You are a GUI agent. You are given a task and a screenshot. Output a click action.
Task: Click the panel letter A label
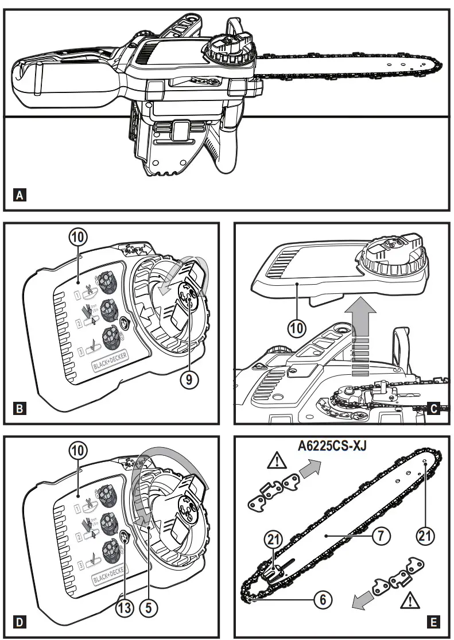pyautogui.click(x=20, y=196)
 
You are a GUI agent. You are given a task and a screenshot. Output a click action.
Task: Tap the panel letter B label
pyautogui.click(x=20, y=409)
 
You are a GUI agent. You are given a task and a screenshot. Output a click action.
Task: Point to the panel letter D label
pyautogui.click(x=20, y=622)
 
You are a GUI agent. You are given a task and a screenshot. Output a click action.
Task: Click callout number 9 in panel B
pyautogui.click(x=185, y=379)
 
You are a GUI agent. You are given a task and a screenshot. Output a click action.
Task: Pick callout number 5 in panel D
pyautogui.click(x=151, y=607)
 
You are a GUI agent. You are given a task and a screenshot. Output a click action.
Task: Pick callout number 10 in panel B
pyautogui.click(x=79, y=238)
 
